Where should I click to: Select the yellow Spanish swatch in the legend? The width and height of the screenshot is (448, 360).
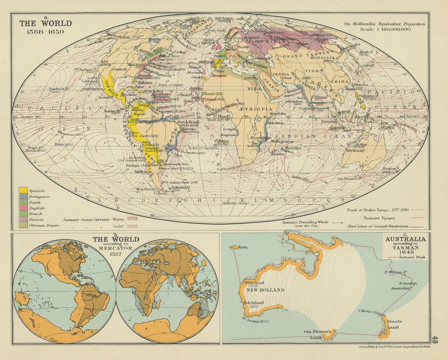[23, 190]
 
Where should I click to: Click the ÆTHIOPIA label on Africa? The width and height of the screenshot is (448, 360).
[255, 109]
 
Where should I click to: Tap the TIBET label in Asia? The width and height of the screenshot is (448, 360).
[314, 71]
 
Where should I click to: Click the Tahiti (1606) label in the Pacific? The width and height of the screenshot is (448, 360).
[64, 144]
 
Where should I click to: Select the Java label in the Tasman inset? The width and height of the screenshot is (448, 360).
[243, 247]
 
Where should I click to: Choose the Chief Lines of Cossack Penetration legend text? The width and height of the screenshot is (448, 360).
[378, 226]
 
